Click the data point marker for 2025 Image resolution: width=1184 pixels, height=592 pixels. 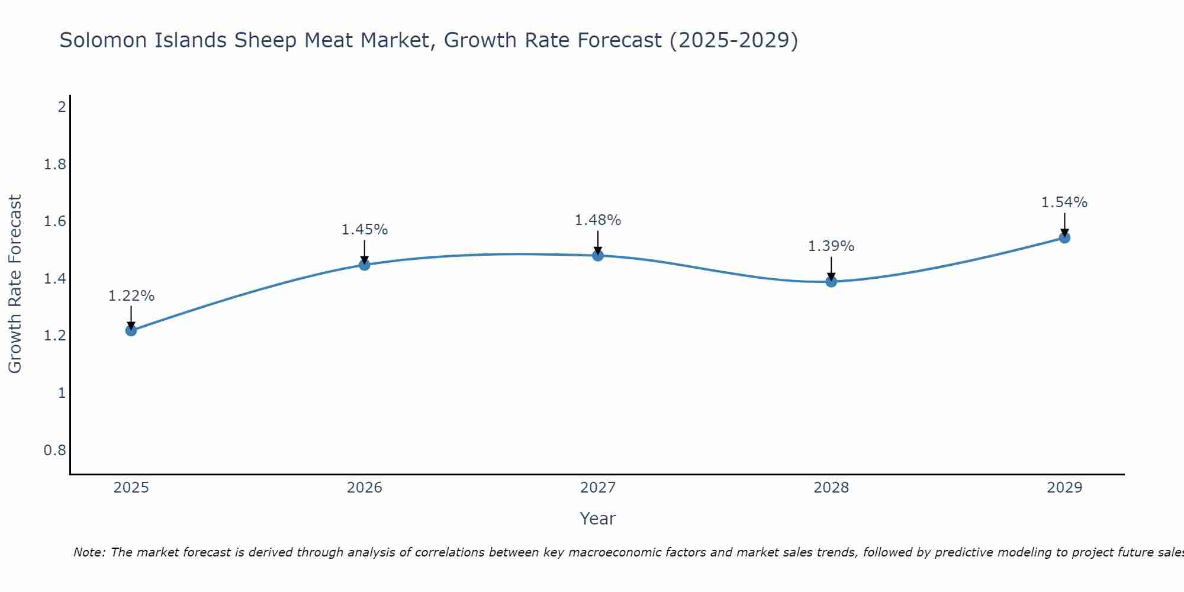click(131, 330)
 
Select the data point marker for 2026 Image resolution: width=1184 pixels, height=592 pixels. click(365, 265)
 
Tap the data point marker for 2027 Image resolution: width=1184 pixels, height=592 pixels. click(598, 256)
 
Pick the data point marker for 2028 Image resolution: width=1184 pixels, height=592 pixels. click(831, 282)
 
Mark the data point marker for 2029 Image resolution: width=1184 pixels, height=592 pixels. click(1064, 238)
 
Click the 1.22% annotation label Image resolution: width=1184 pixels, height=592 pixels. click(131, 296)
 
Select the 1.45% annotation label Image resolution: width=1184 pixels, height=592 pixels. click(365, 230)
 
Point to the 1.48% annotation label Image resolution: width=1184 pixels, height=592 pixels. click(598, 220)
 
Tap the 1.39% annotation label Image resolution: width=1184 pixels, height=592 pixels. click(831, 246)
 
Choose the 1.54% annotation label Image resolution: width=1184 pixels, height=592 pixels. click(1064, 202)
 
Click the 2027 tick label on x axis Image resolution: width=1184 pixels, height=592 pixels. click(598, 488)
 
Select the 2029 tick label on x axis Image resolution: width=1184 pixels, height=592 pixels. click(1064, 488)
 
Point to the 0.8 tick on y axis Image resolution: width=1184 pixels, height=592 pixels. click(55, 451)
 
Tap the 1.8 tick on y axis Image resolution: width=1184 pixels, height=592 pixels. click(55, 165)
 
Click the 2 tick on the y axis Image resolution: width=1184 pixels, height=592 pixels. click(62, 107)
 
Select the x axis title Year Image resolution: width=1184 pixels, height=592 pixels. click(598, 519)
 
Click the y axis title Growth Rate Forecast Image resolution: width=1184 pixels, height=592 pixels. click(15, 284)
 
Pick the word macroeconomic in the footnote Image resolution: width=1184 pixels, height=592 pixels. click(605, 552)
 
